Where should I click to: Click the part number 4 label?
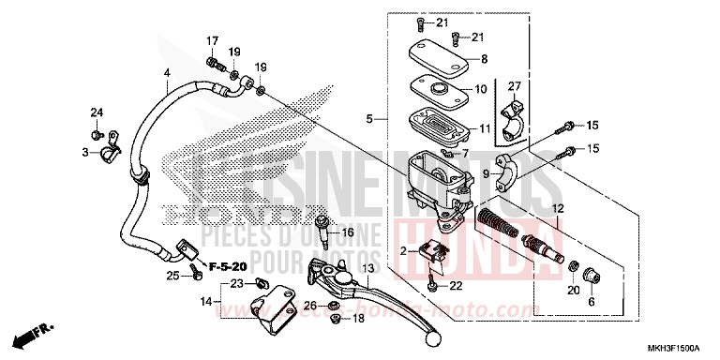[166, 73]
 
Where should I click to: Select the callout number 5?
[370, 118]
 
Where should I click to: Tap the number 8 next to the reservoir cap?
[483, 59]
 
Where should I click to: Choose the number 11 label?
[484, 128]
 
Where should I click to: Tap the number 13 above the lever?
[368, 267]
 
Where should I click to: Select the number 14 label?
[203, 302]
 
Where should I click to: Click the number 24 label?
[96, 113]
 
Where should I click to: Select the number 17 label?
[212, 40]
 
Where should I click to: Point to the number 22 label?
[456, 285]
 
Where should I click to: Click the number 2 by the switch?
[402, 251]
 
